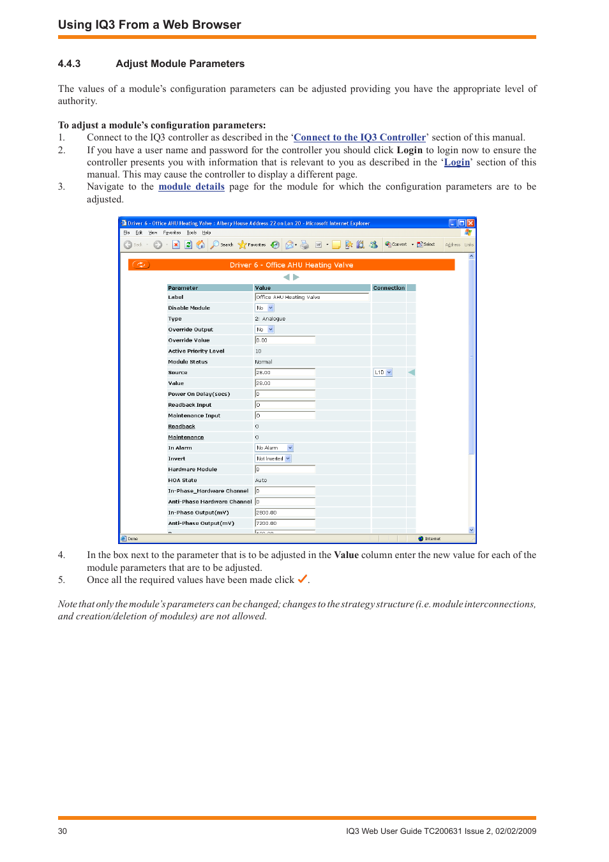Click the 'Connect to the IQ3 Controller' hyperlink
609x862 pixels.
[x=359, y=137]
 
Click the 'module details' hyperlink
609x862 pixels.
[x=192, y=186]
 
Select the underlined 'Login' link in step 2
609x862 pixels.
[x=457, y=162]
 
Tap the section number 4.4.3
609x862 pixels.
[x=69, y=64]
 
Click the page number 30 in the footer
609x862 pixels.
[x=63, y=831]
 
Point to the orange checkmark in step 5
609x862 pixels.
[x=302, y=579]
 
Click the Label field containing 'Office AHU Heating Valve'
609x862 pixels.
[x=312, y=297]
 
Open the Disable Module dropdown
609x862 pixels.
[x=265, y=308]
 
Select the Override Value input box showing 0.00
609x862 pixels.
[x=285, y=340]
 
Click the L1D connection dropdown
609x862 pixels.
[x=383, y=372]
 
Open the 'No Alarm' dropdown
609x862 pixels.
[x=274, y=448]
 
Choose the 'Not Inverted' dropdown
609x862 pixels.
[x=273, y=458]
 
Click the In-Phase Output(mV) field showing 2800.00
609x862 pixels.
[x=285, y=512]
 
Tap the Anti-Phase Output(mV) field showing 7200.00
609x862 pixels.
[x=285, y=523]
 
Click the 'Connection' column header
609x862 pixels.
[x=389, y=288]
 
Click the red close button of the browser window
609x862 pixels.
[x=470, y=223]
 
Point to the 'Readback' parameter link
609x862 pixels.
[x=181, y=427]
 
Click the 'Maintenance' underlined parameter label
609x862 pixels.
[x=186, y=437]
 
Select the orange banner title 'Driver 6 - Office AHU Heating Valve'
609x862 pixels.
[x=291, y=265]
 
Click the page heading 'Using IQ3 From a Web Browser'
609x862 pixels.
[x=149, y=25]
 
